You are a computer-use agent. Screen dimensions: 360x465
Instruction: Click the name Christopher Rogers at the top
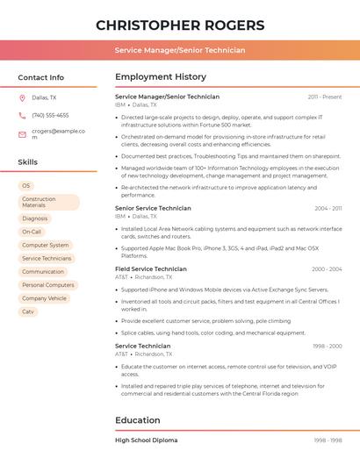tap(180, 25)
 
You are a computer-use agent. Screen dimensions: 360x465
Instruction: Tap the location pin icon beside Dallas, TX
tap(22, 97)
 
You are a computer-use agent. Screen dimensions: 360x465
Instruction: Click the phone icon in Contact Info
tap(22, 115)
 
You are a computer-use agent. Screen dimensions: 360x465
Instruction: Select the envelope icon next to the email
tap(22, 134)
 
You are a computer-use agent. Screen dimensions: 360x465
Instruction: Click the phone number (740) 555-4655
tap(50, 115)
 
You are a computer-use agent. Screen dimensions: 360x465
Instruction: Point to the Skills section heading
tap(28, 162)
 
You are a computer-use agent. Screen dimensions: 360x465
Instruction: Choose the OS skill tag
tap(26, 186)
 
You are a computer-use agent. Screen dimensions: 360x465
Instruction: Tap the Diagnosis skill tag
tap(35, 218)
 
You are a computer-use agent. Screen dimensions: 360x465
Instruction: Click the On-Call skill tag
tap(32, 232)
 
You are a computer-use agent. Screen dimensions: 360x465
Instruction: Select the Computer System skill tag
tap(46, 245)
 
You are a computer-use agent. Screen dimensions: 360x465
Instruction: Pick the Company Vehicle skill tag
tap(44, 298)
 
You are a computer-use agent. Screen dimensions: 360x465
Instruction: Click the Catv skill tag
tap(28, 311)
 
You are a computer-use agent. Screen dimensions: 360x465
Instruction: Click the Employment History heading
tap(161, 77)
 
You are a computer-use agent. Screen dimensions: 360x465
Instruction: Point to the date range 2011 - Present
tap(325, 97)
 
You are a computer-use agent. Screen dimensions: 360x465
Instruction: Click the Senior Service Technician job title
tap(153, 208)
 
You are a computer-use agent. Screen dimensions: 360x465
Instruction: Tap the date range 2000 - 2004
tap(327, 269)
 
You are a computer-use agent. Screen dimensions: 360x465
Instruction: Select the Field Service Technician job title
tap(151, 269)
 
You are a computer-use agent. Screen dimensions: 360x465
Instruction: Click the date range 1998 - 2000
tap(327, 346)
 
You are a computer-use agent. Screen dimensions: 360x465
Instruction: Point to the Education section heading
tap(138, 420)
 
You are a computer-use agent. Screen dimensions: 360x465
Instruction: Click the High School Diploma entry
tap(146, 440)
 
